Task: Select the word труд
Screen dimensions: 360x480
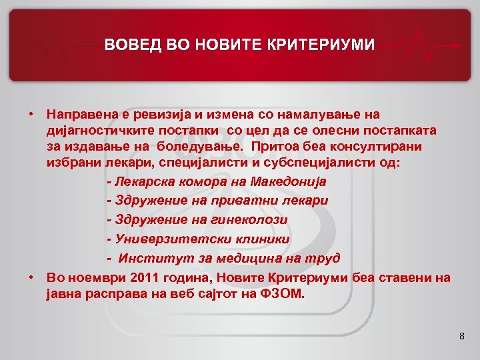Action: click(325, 257)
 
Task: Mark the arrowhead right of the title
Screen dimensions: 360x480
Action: click(459, 46)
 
